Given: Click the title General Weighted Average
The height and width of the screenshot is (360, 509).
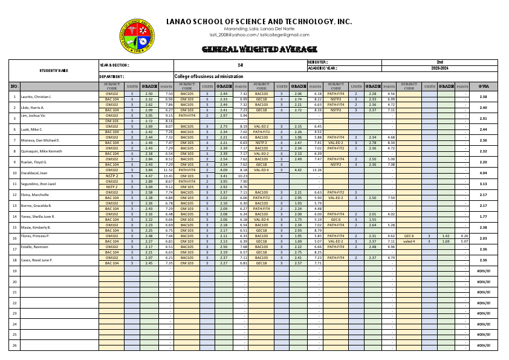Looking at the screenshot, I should click(259, 49).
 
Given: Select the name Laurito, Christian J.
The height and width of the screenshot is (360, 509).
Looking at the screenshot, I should click(36, 97).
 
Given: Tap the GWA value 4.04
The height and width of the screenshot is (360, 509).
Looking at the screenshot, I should click(483, 173).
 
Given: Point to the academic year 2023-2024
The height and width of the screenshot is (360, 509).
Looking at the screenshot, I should click(439, 68).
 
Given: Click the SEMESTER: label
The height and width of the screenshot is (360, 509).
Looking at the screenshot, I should click(318, 62).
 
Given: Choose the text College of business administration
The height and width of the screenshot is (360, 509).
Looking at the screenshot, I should click(209, 77).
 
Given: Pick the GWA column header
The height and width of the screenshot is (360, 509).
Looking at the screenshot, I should click(483, 87).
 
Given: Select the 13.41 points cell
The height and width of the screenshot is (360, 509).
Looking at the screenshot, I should click(167, 176).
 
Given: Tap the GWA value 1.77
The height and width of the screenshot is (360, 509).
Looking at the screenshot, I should click(483, 217).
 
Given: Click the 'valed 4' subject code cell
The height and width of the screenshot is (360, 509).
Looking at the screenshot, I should click(409, 241).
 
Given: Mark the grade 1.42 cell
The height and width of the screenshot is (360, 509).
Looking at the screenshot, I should click(446, 236).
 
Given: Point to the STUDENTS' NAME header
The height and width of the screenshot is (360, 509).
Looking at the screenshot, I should click(54, 71).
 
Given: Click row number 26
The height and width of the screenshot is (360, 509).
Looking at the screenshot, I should click(15, 345).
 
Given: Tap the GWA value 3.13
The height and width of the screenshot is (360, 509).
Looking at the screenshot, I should click(483, 184).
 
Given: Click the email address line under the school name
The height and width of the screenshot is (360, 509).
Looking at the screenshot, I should click(259, 35).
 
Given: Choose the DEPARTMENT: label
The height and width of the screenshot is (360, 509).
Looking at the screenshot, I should click(112, 77).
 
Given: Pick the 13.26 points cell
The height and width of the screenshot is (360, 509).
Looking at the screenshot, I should click(316, 171).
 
